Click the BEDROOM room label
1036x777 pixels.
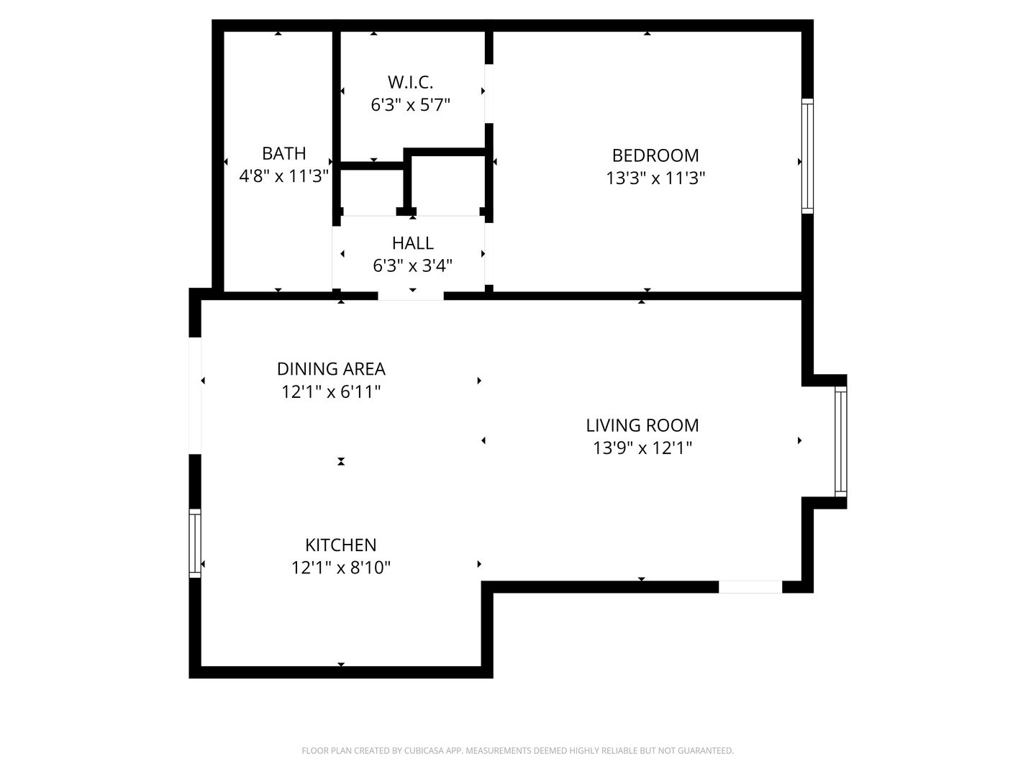[655, 155]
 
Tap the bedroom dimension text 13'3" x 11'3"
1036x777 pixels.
[655, 178]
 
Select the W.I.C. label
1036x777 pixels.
[410, 81]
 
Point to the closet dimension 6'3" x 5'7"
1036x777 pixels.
[410, 105]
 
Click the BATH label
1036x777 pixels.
[283, 153]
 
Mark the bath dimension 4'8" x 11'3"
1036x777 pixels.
[283, 176]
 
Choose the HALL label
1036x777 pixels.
[412, 243]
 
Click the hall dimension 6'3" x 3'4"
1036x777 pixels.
[412, 266]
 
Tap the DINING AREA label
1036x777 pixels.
[331, 369]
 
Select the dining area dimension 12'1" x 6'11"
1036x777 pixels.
[331, 392]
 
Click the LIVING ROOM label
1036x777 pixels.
[642, 425]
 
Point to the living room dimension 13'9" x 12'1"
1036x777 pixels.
[642, 448]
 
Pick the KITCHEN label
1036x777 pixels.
[340, 545]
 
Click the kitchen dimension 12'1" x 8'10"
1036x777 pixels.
[340, 568]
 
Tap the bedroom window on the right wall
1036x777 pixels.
[807, 156]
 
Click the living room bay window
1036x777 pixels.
[840, 441]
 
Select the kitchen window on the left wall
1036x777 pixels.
[195, 543]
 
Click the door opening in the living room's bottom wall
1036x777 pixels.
[750, 587]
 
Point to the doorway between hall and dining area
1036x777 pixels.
[411, 295]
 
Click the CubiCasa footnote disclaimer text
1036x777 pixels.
[517, 750]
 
